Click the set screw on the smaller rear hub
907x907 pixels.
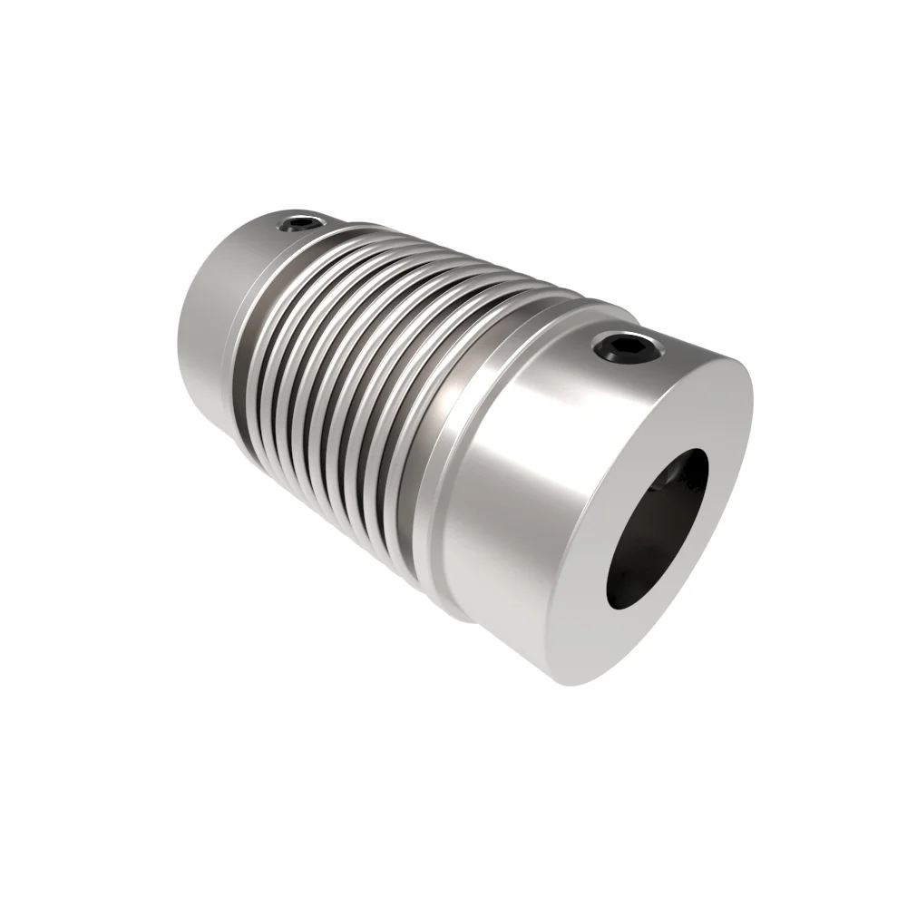click(x=299, y=222)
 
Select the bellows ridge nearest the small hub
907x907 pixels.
click(x=263, y=336)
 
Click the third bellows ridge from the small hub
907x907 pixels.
click(x=299, y=363)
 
